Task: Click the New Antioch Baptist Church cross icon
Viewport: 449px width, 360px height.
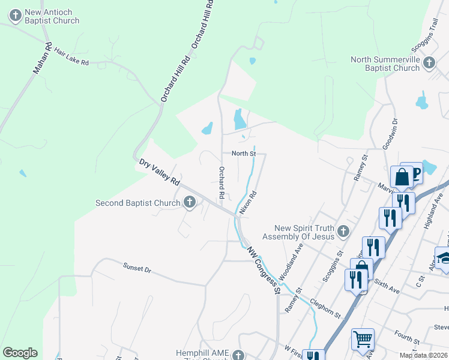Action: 16,13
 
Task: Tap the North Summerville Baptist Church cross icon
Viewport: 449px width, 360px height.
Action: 429,62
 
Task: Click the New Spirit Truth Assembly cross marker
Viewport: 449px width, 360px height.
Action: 343,230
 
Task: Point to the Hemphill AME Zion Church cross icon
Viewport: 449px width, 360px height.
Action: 239,355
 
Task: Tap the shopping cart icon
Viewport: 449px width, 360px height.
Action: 363,340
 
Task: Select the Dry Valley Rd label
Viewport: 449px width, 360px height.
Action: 159,172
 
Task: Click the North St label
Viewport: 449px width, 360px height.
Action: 244,154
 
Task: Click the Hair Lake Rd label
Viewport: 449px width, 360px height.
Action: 71,58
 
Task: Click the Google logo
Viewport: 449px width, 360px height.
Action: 20,353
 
